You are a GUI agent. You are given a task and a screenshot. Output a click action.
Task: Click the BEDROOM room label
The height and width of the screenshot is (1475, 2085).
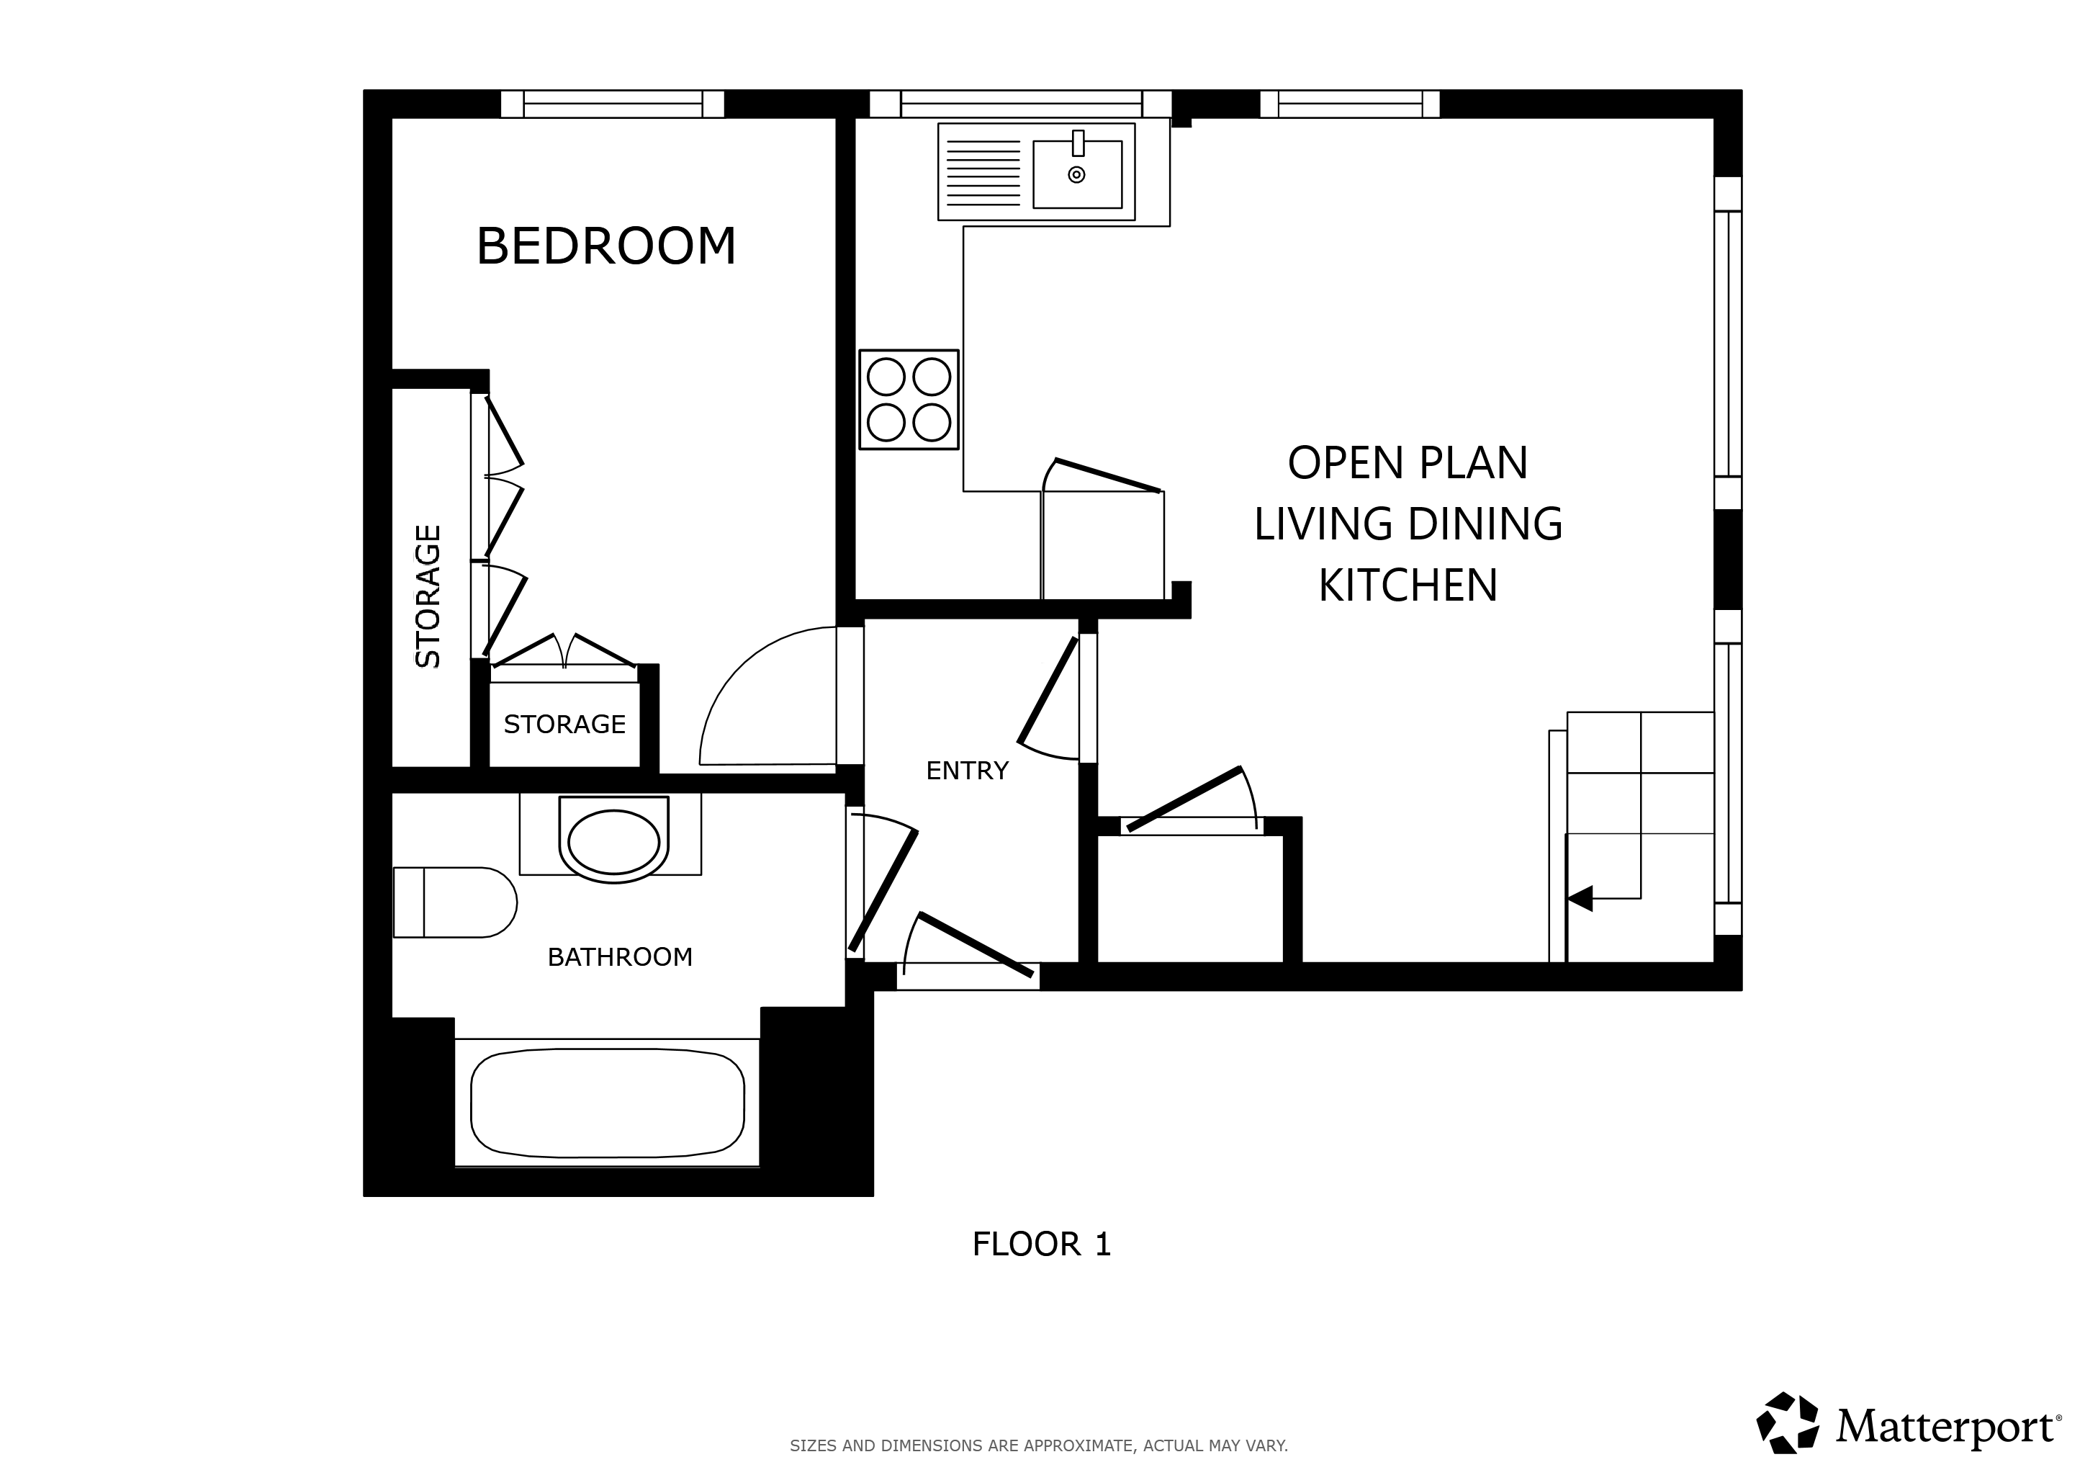[605, 246]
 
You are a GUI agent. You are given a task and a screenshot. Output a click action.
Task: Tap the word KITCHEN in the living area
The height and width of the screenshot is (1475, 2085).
[1408, 585]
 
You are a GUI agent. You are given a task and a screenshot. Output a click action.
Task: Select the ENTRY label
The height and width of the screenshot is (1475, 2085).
[967, 771]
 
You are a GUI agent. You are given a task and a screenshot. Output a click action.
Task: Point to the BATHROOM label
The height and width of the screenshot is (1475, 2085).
[620, 957]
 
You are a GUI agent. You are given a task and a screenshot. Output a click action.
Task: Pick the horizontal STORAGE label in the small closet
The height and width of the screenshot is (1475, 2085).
[565, 725]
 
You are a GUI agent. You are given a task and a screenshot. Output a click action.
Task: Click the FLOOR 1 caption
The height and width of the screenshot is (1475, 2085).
[1042, 1245]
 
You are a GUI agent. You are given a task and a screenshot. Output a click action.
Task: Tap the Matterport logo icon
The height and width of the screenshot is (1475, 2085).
[1787, 1422]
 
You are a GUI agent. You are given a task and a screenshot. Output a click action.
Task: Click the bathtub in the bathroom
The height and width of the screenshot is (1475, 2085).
[608, 1103]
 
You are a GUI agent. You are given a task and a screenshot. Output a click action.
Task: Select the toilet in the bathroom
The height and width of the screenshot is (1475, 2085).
[455, 902]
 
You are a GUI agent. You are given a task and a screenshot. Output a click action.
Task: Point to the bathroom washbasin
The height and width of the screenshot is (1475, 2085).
[614, 840]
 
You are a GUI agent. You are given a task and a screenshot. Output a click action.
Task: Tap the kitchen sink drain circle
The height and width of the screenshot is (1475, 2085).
[1076, 175]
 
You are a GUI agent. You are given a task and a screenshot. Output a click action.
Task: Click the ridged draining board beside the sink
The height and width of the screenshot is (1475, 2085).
[983, 173]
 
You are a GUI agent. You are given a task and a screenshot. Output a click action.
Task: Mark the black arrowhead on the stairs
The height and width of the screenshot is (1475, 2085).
[1580, 898]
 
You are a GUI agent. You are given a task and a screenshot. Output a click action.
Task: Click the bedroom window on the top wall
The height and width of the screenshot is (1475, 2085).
[613, 104]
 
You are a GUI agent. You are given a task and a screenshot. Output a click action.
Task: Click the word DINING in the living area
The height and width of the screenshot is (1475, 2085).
[1486, 524]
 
